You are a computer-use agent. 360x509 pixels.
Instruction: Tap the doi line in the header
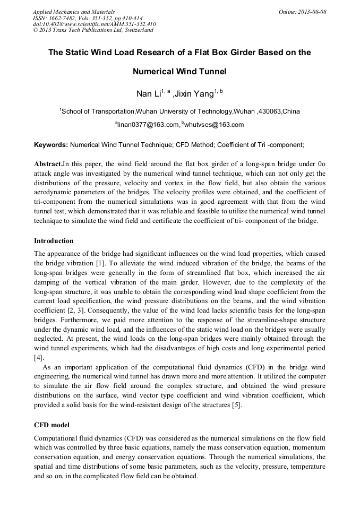point(95,24)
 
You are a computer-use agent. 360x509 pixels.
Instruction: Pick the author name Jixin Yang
point(195,94)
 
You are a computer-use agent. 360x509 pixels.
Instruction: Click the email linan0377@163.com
point(148,125)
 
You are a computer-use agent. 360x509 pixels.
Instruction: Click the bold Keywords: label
point(51,144)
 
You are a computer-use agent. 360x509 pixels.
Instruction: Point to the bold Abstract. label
point(48,163)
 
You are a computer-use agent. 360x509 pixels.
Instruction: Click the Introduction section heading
point(54,240)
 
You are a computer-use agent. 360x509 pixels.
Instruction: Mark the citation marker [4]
point(39,358)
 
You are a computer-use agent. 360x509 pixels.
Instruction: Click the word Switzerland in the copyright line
point(136,30)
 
